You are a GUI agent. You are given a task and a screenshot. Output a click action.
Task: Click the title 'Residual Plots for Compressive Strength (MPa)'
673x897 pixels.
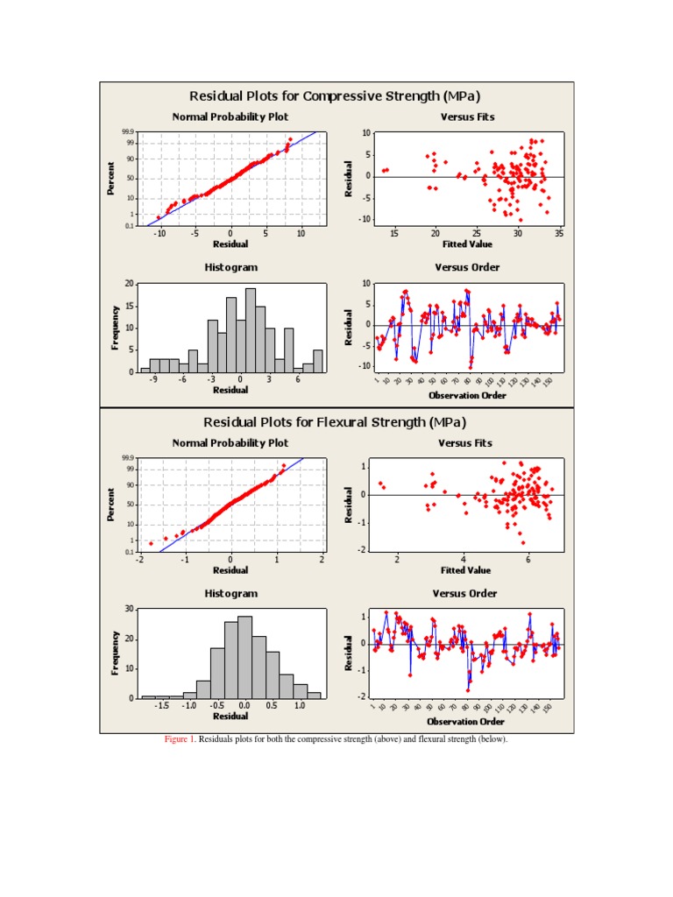(336, 95)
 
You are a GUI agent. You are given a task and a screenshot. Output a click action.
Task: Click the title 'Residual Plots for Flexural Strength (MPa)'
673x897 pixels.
(336, 422)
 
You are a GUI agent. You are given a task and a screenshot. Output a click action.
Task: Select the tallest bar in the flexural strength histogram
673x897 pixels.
(244, 657)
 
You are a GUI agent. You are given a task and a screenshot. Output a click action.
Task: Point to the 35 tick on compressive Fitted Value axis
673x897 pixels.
(559, 234)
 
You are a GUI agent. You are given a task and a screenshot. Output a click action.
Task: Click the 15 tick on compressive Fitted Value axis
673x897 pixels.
(394, 234)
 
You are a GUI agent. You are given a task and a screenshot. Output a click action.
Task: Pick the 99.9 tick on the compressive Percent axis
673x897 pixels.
(128, 132)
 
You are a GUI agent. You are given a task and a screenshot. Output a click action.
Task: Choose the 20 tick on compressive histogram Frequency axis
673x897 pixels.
(130, 284)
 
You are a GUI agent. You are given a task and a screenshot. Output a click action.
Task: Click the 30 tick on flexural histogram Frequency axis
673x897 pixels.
(130, 609)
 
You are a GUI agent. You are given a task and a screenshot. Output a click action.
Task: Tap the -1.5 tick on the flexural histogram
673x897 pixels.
(161, 705)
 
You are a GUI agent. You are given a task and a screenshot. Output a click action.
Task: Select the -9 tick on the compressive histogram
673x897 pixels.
(153, 380)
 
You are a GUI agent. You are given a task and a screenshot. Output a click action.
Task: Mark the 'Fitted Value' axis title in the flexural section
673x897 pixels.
(465, 570)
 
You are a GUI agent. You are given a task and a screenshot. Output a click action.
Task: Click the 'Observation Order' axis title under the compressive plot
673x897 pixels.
(467, 396)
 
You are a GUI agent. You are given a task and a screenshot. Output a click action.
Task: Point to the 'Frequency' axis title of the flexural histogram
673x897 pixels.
(116, 653)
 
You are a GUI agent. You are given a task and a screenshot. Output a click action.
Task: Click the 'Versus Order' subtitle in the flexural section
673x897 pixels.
(465, 594)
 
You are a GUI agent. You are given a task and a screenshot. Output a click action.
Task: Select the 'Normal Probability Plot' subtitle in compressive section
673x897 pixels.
(230, 117)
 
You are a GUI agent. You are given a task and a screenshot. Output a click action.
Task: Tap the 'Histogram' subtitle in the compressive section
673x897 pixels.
(231, 267)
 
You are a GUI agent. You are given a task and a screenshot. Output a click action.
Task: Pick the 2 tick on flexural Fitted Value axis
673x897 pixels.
(397, 559)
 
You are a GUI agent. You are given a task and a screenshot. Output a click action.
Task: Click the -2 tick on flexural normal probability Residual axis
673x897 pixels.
(139, 559)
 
